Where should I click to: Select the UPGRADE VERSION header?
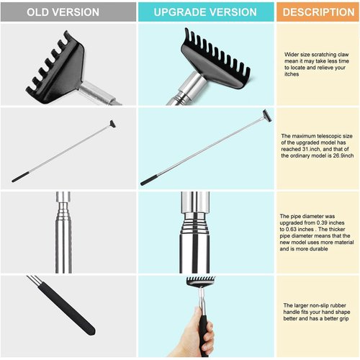tap(205, 12)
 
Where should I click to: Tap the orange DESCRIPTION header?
tap(318, 12)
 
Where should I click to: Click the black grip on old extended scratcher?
tap(19, 177)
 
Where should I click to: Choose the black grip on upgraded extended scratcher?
tap(149, 180)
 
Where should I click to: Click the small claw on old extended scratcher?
tap(112, 124)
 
